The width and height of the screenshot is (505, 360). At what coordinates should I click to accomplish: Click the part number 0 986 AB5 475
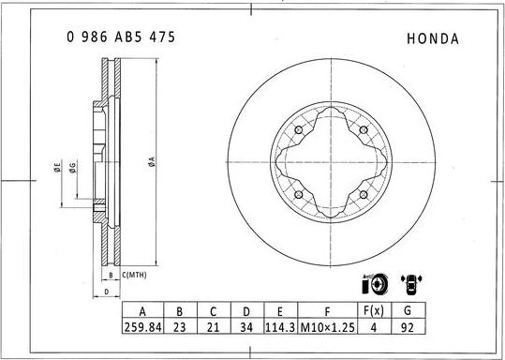pyautogui.click(x=120, y=38)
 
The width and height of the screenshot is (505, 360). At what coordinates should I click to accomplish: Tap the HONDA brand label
pyautogui.click(x=433, y=39)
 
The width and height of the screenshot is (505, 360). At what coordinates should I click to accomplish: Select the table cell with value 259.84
pyautogui.click(x=142, y=328)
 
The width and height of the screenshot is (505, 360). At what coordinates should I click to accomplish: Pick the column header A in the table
pyautogui.click(x=142, y=311)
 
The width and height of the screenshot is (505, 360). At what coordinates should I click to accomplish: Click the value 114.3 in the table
pyautogui.click(x=280, y=328)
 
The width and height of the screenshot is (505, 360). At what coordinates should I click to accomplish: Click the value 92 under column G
pyautogui.click(x=406, y=328)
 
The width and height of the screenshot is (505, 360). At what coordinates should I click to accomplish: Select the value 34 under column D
pyautogui.click(x=245, y=328)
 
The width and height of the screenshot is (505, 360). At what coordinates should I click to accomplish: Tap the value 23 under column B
pyautogui.click(x=180, y=328)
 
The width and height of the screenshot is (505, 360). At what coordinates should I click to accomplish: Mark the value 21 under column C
pyautogui.click(x=213, y=328)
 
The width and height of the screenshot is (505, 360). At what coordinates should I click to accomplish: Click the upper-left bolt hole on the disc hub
pyautogui.click(x=298, y=129)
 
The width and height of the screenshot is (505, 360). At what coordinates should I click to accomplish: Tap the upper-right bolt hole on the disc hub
pyautogui.click(x=362, y=129)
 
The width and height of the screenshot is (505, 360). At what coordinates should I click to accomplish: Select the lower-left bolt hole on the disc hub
pyautogui.click(x=298, y=193)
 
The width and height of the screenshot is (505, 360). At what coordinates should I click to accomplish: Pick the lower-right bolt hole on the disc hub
pyautogui.click(x=362, y=193)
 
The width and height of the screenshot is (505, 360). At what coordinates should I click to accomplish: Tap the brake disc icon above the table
pyautogui.click(x=372, y=284)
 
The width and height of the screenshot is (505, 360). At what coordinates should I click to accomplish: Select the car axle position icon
pyautogui.click(x=408, y=283)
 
